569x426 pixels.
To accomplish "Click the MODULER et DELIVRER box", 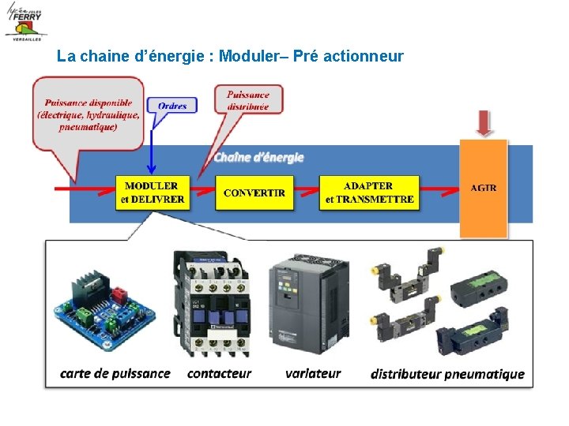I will pyautogui.click(x=152, y=192).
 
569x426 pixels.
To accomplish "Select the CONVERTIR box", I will pyautogui.click(x=254, y=192).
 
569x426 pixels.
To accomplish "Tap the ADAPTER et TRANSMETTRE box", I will pyautogui.click(x=369, y=192).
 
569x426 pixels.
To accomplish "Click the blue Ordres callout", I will pyautogui.click(x=172, y=107).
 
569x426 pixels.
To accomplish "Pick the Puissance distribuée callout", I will pyautogui.click(x=248, y=100).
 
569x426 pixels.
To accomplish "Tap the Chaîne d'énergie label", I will pyautogui.click(x=258, y=158).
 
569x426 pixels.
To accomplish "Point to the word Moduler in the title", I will pyautogui.click(x=244, y=57).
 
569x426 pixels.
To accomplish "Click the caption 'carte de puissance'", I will pyautogui.click(x=115, y=373).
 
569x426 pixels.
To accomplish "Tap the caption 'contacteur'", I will pyautogui.click(x=219, y=373).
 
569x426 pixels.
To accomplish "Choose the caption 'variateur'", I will pyautogui.click(x=313, y=373).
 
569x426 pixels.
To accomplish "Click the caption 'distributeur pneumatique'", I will pyautogui.click(x=447, y=374).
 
